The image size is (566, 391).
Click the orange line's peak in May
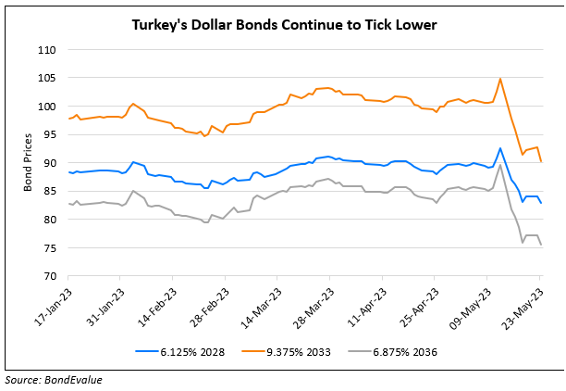(500, 79)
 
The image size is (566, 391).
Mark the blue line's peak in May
(500, 148)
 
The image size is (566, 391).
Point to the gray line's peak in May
(500, 165)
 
